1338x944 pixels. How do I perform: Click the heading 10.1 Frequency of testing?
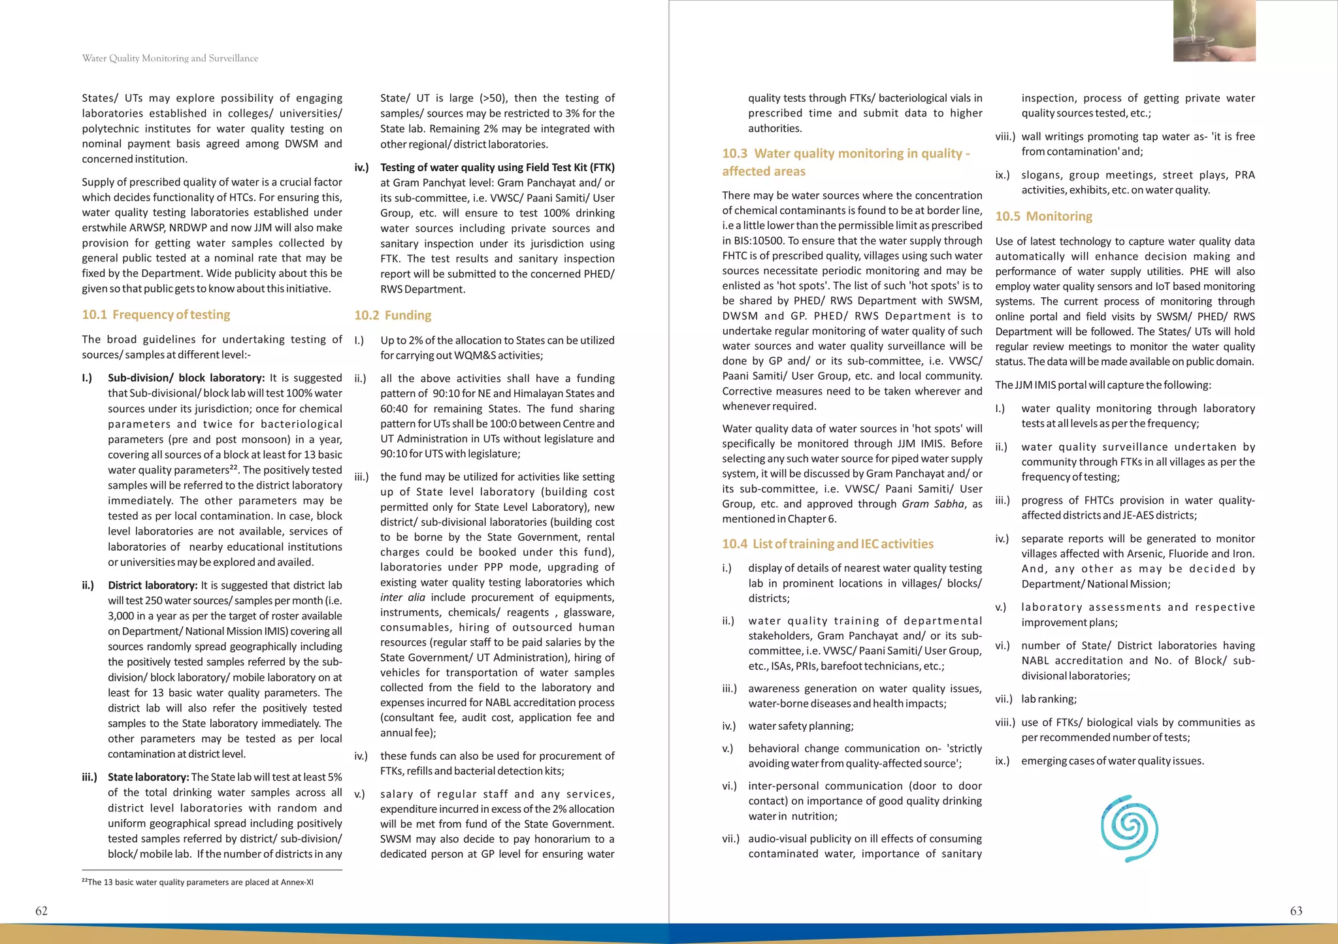(155, 315)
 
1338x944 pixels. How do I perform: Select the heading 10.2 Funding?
(393, 316)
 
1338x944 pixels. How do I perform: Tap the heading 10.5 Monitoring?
(1043, 216)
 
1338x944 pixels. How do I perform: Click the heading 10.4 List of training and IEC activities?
(828, 544)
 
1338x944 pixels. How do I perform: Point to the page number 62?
(41, 911)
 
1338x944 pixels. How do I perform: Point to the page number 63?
(1296, 911)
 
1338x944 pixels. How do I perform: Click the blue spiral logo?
(1129, 828)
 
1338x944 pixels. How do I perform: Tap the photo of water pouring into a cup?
(1214, 31)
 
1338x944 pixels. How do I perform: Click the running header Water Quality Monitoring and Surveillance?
(170, 58)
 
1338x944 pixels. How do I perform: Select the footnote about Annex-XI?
(197, 883)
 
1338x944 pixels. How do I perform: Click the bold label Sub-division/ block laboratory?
(186, 378)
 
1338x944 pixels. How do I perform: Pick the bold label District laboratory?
(152, 586)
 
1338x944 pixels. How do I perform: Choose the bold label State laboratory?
(148, 777)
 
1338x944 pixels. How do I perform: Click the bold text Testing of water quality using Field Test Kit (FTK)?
(497, 168)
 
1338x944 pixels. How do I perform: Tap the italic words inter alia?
(402, 598)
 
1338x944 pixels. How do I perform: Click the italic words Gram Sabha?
(932, 504)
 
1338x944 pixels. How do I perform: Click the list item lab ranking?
(1049, 700)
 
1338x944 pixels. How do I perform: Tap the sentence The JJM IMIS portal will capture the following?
(1103, 385)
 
